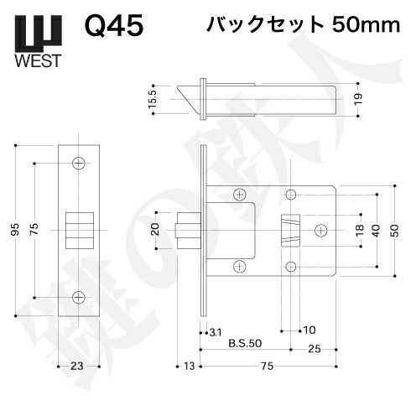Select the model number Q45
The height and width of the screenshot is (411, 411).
point(114,26)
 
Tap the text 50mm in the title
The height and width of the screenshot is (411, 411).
point(366,25)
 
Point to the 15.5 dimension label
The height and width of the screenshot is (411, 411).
point(153,100)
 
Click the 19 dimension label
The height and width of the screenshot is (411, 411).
point(358,99)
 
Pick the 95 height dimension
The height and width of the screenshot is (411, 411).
point(16,230)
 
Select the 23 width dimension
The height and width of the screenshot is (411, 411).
point(77,366)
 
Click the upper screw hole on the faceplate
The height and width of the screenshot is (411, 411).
point(79,164)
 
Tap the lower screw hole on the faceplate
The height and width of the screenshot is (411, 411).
point(79,297)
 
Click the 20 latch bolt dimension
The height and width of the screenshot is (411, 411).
point(156,230)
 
